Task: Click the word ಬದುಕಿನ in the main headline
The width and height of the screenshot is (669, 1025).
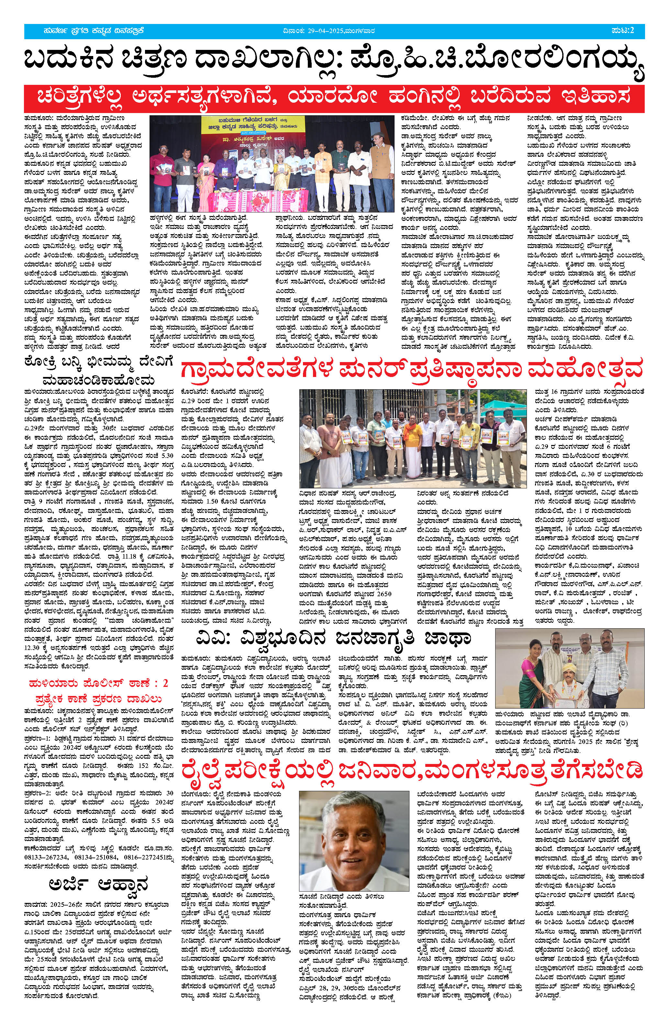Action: click(76, 60)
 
